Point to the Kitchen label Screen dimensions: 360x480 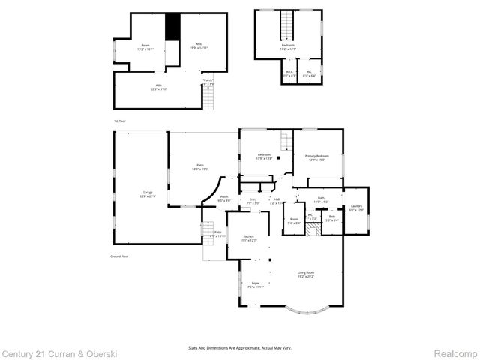249,238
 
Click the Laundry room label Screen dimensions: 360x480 356,208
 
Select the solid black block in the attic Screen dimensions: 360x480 173,28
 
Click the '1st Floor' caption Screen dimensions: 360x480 120,120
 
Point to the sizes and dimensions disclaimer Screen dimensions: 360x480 241,347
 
